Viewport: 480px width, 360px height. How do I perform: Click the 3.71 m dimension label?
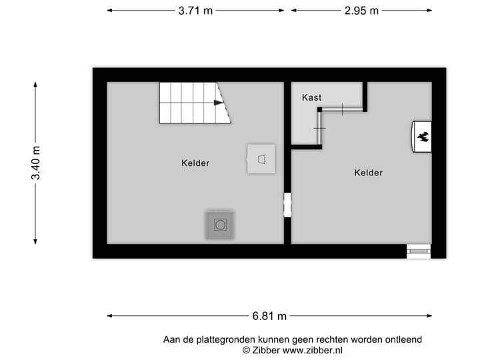click(195, 11)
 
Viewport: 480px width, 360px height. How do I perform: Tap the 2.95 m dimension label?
click(361, 11)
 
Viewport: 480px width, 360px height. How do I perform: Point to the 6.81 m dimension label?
click(269, 316)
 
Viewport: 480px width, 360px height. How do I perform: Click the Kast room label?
click(311, 97)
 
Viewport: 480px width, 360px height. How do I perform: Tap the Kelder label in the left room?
click(195, 163)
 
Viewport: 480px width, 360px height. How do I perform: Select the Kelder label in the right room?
click(368, 173)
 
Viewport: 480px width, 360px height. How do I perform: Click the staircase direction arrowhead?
click(218, 103)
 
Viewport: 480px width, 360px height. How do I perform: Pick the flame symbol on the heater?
click(423, 137)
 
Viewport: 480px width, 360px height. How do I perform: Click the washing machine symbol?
click(220, 225)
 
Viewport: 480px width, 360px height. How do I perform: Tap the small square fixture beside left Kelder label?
click(261, 159)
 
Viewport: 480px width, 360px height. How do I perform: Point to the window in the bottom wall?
click(419, 251)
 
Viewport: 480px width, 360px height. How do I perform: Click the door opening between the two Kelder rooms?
click(287, 205)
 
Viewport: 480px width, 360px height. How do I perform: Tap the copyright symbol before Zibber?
click(246, 349)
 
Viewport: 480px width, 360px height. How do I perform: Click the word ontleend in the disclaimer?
click(403, 339)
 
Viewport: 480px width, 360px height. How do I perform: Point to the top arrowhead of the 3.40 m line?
click(36, 85)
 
